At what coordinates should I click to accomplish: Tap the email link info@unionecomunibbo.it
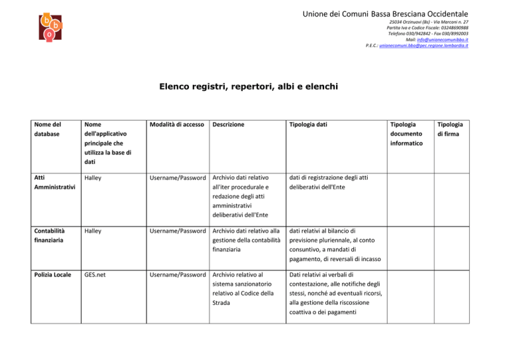[442, 39]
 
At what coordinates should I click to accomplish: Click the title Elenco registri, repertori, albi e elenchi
[254, 86]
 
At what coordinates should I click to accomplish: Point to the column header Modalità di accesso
[158, 124]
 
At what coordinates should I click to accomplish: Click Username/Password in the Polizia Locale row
[158, 274]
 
